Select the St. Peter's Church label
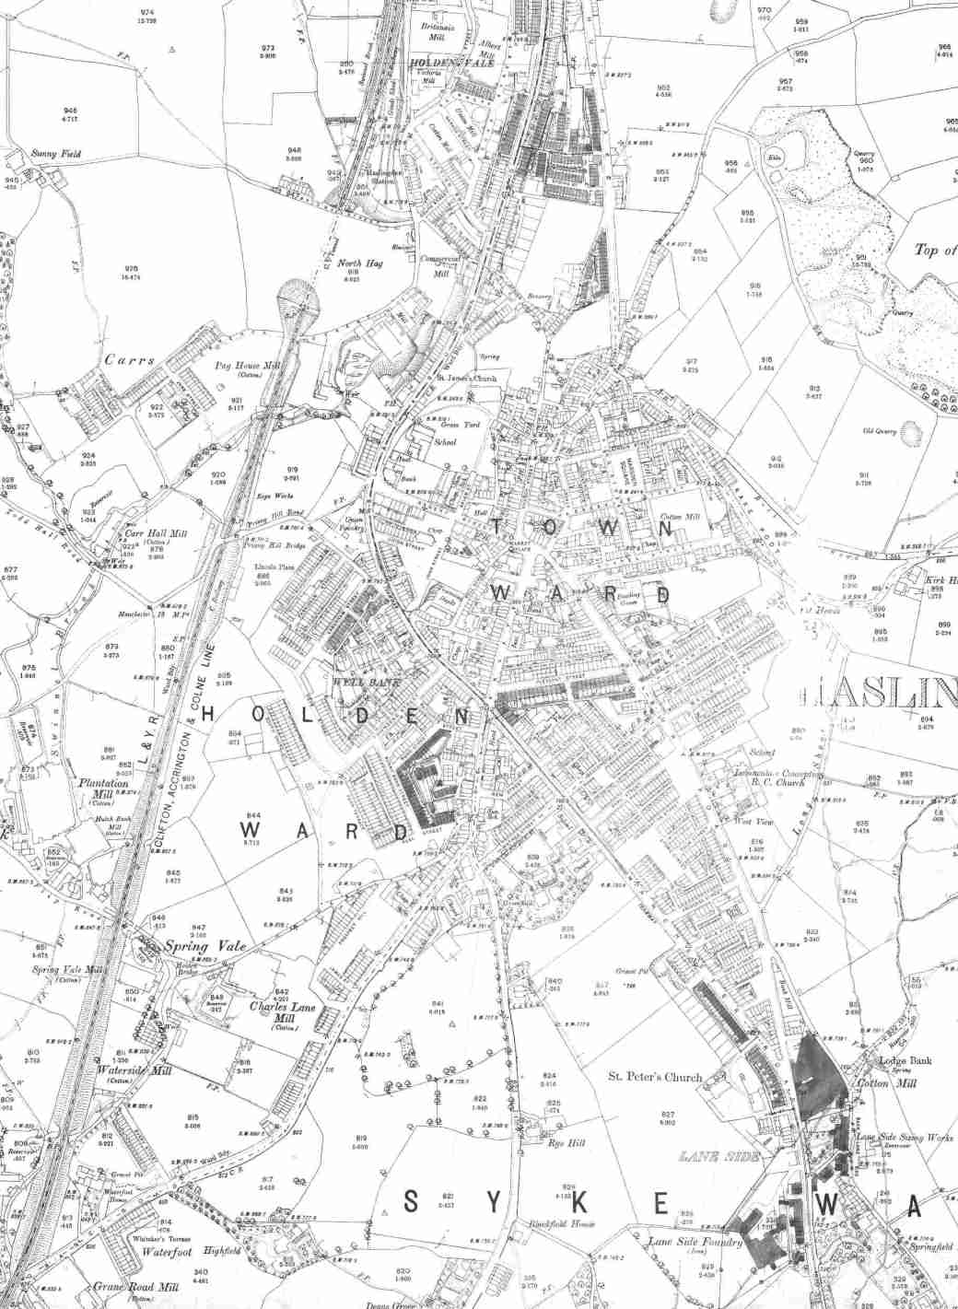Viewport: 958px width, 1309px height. (655, 1076)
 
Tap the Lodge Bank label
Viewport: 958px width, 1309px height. (905, 1060)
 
